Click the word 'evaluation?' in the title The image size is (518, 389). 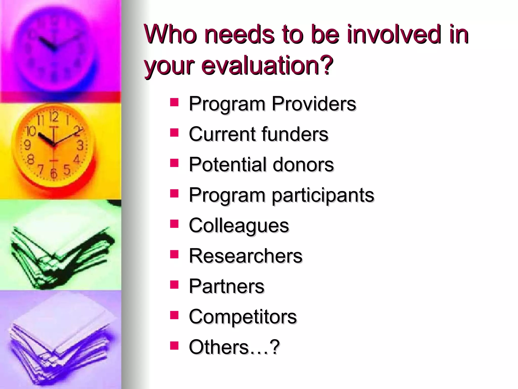tap(267, 65)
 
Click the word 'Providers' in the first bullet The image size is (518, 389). tap(314, 104)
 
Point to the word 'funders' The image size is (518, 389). tap(295, 134)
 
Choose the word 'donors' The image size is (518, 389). tap(303, 164)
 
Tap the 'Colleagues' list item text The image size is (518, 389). tap(239, 225)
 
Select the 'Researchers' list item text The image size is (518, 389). tap(246, 256)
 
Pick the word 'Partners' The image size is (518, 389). tap(226, 286)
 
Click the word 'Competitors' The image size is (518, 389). tap(243, 317)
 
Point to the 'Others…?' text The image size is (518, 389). tap(234, 347)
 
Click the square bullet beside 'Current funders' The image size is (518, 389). tap(174, 132)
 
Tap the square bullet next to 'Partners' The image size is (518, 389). tap(174, 284)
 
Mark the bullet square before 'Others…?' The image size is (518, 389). tap(174, 345)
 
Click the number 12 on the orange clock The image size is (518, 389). tap(54, 117)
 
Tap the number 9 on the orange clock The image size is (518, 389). tap(27, 145)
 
